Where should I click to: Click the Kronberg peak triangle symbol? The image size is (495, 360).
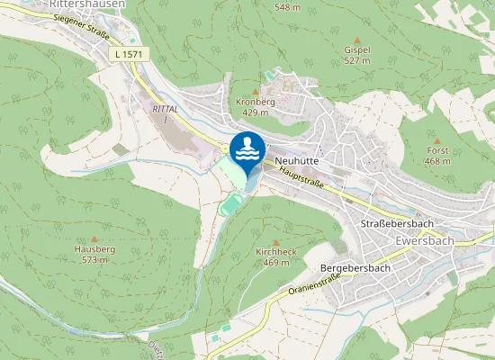(x=256, y=91)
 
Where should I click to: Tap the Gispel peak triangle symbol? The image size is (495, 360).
(x=356, y=40)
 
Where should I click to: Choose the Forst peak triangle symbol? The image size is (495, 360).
(x=438, y=140)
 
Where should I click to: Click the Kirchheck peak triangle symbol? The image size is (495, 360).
(x=275, y=241)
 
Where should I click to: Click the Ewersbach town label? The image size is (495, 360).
(x=424, y=242)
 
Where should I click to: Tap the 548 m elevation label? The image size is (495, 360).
(x=287, y=7)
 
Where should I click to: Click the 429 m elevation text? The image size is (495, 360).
(x=256, y=112)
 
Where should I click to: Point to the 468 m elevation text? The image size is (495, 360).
(x=438, y=162)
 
